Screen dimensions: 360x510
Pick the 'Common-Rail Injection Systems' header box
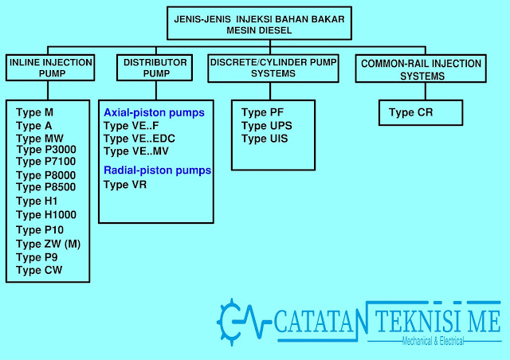[422, 68]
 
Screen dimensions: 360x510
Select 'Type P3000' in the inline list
[46, 150]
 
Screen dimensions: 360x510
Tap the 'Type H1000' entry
[46, 214]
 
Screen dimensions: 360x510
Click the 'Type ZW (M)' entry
[49, 243]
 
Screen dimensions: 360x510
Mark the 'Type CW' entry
[39, 270]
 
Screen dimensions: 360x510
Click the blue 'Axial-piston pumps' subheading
[154, 113]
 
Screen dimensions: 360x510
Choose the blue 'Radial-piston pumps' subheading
[157, 170]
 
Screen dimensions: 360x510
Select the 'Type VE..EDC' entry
[141, 138]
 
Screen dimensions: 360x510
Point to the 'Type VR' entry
[125, 185]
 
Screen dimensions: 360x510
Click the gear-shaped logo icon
[231, 321]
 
